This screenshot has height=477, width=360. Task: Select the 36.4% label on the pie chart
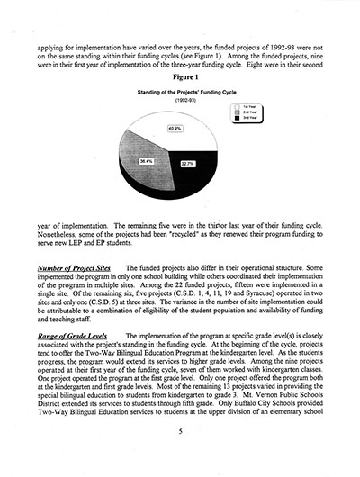click(x=146, y=161)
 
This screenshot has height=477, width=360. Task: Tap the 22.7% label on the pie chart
click(x=187, y=164)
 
